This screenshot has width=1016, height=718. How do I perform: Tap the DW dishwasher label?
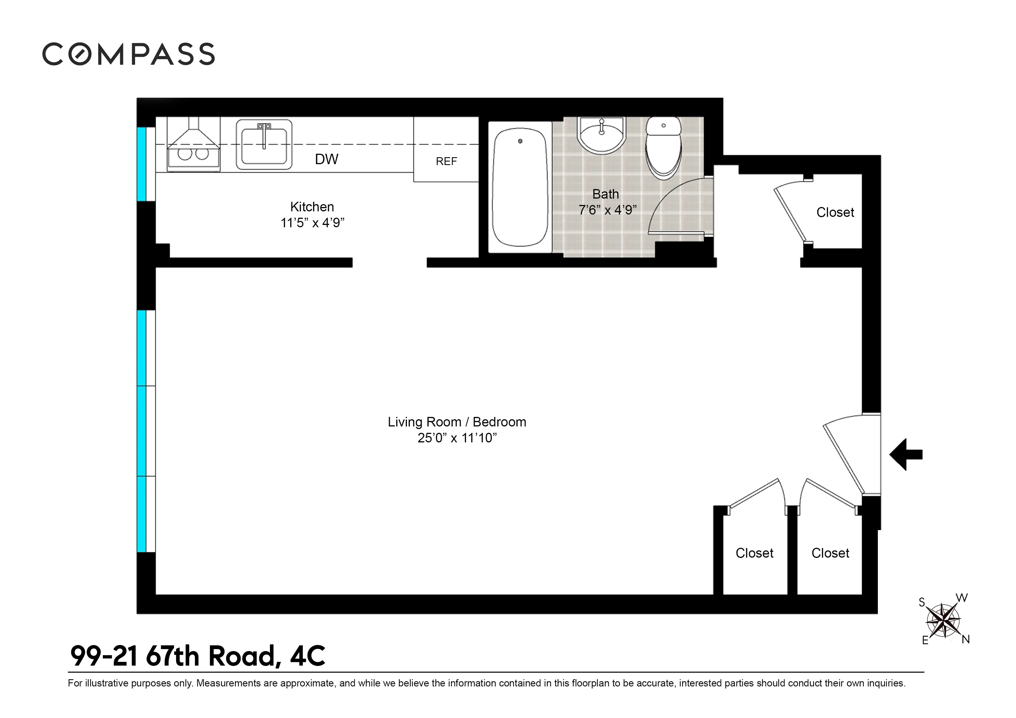click(x=327, y=159)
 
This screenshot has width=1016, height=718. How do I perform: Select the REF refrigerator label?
click(x=446, y=162)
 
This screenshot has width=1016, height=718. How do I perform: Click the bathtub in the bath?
click(x=520, y=187)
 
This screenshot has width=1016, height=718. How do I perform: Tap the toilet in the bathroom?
click(x=663, y=148)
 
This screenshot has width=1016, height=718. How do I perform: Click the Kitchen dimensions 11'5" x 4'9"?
click(x=313, y=223)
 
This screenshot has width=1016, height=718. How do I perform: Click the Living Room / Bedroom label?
click(x=457, y=422)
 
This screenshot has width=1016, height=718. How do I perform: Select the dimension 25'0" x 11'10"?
click(x=457, y=438)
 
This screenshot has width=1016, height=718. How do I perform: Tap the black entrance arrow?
click(x=905, y=454)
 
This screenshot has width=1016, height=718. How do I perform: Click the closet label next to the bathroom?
click(x=835, y=212)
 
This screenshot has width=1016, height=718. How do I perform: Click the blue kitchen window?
click(x=141, y=164)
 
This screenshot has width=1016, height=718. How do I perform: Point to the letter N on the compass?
click(x=966, y=639)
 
